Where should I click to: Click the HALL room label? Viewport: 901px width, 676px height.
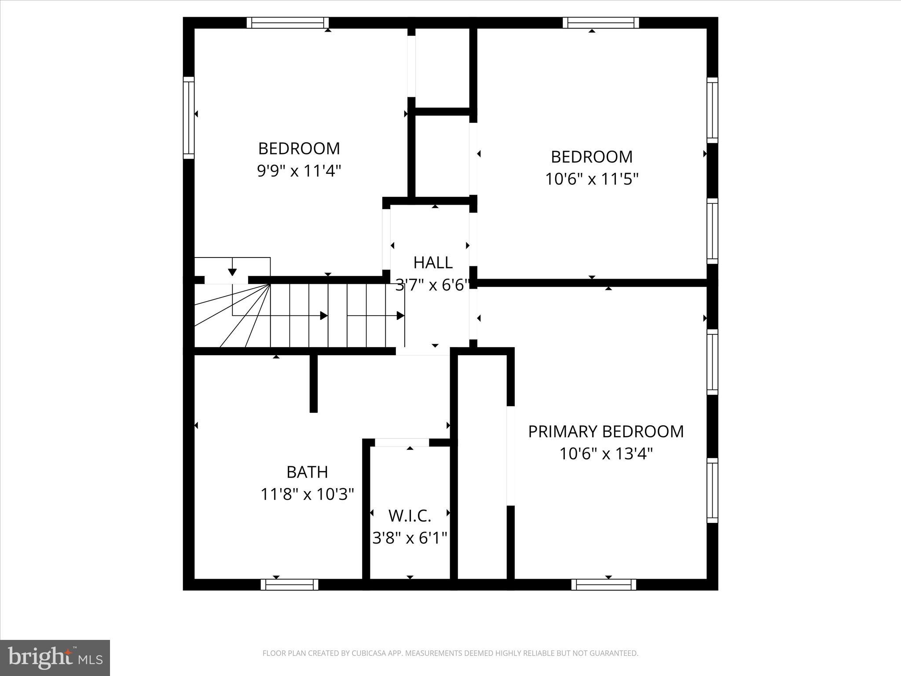(433, 263)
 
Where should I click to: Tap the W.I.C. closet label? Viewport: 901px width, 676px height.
(410, 515)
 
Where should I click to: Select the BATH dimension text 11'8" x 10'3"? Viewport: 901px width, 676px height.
(307, 494)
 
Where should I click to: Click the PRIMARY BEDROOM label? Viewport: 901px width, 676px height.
(606, 431)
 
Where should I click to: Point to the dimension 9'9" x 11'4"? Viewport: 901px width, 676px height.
(299, 171)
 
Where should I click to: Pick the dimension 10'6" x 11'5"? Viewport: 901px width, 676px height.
(592, 179)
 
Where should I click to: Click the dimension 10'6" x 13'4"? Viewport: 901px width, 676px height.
(606, 454)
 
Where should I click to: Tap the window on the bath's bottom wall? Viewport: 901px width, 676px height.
(289, 584)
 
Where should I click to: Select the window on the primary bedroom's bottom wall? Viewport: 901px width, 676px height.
(604, 584)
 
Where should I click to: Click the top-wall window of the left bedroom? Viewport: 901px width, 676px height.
(288, 22)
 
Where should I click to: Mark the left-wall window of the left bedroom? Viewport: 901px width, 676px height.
(188, 118)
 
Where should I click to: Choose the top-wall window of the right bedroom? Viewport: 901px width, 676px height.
(601, 22)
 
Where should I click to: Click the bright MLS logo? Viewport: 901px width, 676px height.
(55, 658)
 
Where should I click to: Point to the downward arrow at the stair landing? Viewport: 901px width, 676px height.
(232, 272)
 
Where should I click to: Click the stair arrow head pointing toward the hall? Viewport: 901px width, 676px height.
(400, 316)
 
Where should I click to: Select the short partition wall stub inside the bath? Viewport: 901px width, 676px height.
(313, 383)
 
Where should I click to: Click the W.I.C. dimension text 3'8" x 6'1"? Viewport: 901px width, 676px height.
(410, 538)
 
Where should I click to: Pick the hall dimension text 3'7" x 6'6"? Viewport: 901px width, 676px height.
(432, 285)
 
